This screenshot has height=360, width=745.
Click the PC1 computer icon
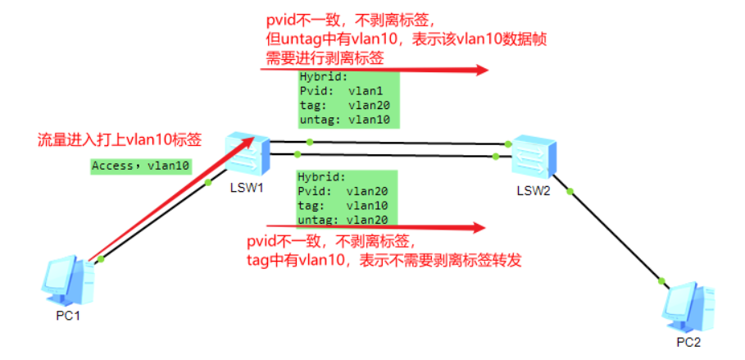pos(68,279)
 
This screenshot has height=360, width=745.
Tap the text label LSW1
pos(247,189)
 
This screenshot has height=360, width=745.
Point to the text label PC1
pos(68,315)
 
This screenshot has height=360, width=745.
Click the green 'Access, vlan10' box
pos(141,166)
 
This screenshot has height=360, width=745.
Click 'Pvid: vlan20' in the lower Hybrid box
pos(344,191)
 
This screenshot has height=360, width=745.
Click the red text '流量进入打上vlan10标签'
pos(120,139)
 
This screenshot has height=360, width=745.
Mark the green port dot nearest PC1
pos(102,259)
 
